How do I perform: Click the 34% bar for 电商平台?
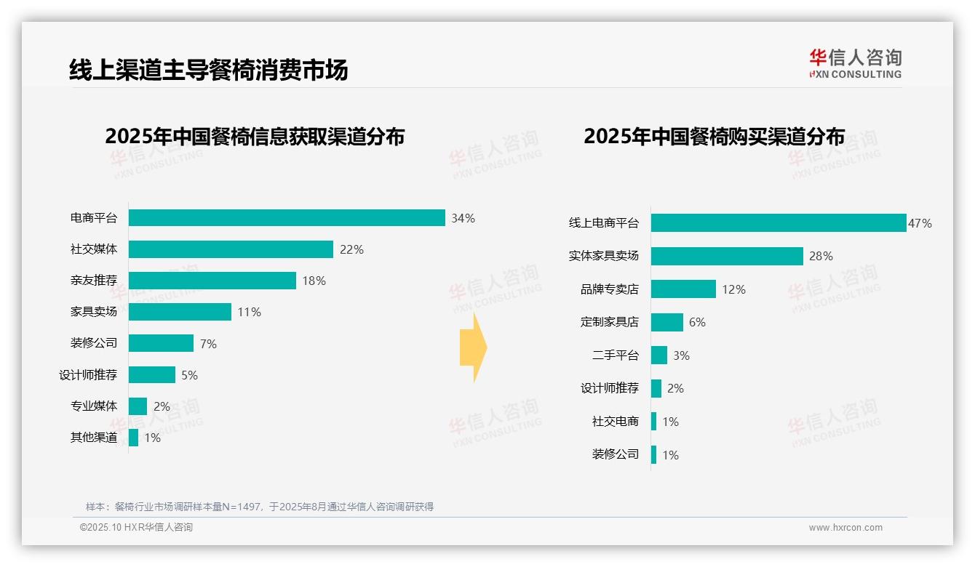[x=287, y=217]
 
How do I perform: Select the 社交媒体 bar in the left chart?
[x=231, y=249]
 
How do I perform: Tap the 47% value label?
[x=920, y=223]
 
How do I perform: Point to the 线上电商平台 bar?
[x=778, y=223]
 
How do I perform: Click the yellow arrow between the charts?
[x=474, y=348]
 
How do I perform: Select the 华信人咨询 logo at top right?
[x=855, y=63]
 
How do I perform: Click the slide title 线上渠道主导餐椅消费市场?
[x=208, y=69]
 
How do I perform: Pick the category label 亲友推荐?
[x=94, y=281]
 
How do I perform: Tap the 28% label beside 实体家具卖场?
[x=821, y=256]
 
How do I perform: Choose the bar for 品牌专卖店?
[x=683, y=289]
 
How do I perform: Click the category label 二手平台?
[x=615, y=355]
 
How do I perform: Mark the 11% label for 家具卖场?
[x=249, y=312]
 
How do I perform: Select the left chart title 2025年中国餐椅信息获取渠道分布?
[x=255, y=136]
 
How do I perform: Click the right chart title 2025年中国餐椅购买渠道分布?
[x=714, y=136]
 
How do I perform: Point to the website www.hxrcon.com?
[x=845, y=528]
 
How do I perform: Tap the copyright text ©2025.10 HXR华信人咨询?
[x=136, y=528]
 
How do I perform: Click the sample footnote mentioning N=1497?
[x=260, y=507]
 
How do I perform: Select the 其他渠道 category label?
[x=94, y=438]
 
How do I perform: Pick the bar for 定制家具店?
[x=666, y=322]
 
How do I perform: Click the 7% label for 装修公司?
[x=208, y=344]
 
